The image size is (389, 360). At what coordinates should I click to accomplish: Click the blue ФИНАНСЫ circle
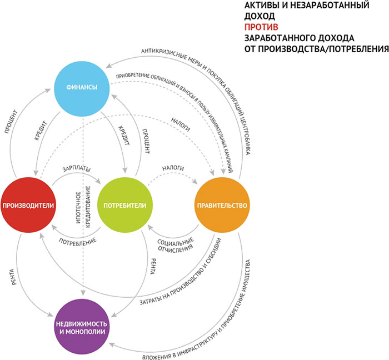(82, 87)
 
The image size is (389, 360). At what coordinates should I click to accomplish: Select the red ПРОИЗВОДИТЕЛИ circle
(27, 205)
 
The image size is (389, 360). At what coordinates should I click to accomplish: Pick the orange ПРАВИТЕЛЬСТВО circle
(221, 205)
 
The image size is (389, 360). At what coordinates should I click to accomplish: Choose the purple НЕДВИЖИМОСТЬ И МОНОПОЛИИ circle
(82, 326)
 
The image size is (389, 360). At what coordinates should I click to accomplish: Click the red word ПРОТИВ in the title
(262, 27)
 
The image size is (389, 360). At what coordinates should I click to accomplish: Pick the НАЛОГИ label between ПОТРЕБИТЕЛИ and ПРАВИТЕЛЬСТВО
(173, 167)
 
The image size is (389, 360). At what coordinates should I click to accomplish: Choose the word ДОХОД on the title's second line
(258, 16)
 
